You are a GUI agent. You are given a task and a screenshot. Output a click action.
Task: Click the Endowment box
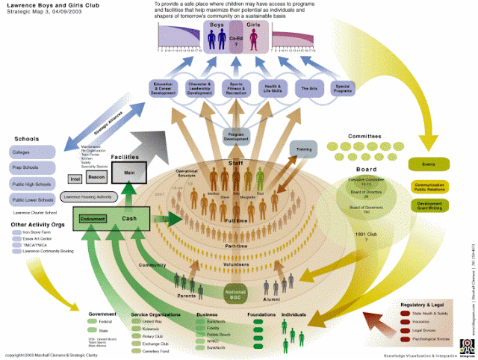pos(93,219)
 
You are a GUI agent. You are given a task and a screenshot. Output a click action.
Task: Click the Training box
pos(304,149)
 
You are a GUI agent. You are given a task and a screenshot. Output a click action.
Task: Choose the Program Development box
pos(236,135)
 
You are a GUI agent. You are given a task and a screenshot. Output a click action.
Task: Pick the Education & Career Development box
pos(164,89)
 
